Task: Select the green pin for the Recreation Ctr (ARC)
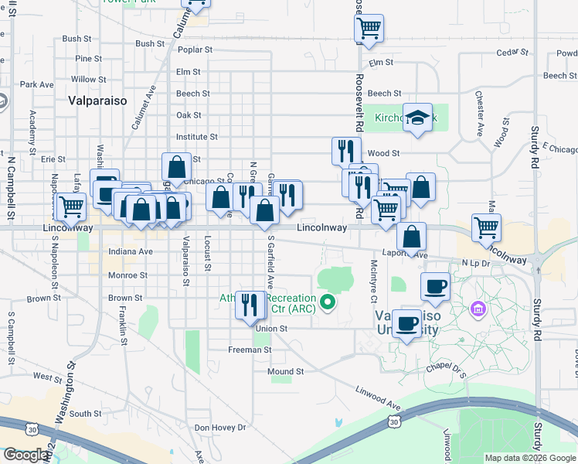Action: [328, 302]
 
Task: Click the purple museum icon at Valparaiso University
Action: [478, 310]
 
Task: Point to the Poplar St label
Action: [195, 49]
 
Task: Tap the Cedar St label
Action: [512, 53]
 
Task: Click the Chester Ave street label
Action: [480, 110]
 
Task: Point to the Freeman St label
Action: [250, 350]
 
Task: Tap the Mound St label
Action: [286, 371]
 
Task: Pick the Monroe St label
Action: [127, 275]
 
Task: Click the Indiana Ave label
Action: [131, 251]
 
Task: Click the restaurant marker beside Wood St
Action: [346, 149]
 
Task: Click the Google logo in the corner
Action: [25, 455]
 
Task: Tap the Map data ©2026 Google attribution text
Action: [529, 458]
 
